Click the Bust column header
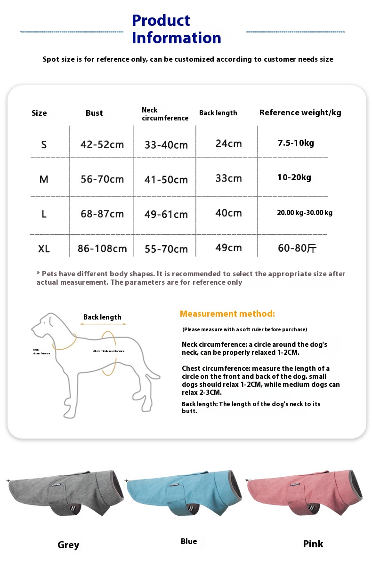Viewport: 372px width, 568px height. pos(94,113)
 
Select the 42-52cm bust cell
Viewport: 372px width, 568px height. pos(102,144)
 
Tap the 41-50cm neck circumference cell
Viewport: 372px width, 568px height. pos(166,179)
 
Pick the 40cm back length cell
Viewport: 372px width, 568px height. pos(228,213)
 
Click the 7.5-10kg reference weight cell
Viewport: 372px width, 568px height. pos(296,143)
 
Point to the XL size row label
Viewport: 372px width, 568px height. pos(44,248)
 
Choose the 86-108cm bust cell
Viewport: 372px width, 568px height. pos(102,248)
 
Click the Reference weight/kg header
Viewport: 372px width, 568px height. pos(300,112)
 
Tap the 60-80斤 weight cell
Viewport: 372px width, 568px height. pos(297,248)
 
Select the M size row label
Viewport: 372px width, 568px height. pos(44,179)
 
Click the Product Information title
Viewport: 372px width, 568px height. pos(176,29)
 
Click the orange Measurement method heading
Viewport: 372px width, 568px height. pos(227,314)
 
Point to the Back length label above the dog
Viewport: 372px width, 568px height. pos(102,317)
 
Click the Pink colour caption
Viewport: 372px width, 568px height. pos(313,544)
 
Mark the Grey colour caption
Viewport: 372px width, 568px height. pos(68,545)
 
